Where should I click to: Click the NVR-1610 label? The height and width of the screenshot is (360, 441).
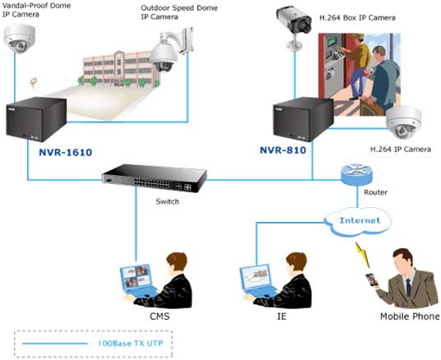[66, 152]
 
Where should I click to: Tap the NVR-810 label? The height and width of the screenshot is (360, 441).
[283, 150]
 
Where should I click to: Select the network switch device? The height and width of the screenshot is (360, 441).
[154, 178]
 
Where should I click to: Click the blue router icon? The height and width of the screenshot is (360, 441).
[356, 174]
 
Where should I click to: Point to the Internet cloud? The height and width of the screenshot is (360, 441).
[359, 221]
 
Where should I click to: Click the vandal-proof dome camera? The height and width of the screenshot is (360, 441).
[20, 38]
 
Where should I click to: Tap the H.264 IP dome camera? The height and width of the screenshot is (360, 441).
[403, 123]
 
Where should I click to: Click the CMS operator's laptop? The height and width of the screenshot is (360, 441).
[138, 281]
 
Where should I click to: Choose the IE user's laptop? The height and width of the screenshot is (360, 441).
[257, 281]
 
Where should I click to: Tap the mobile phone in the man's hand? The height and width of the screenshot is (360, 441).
[371, 280]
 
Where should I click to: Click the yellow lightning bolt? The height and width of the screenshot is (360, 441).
[362, 255]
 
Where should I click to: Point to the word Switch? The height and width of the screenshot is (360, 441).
[168, 201]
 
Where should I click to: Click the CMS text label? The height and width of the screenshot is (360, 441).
[159, 316]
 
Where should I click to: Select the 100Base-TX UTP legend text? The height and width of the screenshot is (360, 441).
[131, 344]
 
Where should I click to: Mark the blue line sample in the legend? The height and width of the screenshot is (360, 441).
[54, 344]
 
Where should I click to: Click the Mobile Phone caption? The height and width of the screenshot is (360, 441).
[410, 316]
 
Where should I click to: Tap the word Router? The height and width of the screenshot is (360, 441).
[376, 192]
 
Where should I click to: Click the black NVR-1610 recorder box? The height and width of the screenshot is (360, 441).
[36, 119]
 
